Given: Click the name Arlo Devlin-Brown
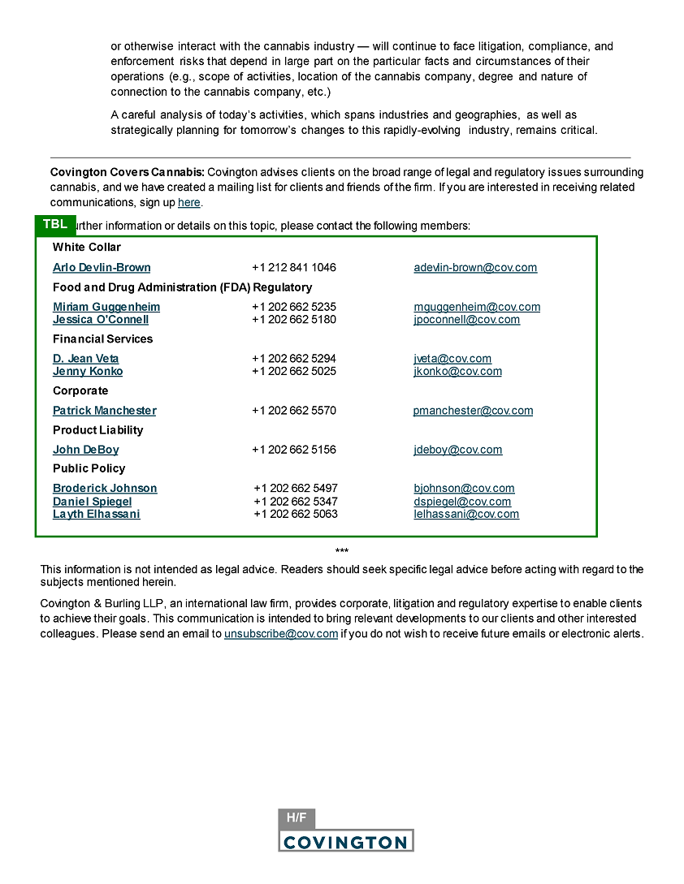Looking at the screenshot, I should pos(102,268).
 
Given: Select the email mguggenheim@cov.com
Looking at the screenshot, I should pos(477,307).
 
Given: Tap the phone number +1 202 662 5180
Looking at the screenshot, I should pos(294,320).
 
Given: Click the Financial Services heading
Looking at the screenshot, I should pos(102,339).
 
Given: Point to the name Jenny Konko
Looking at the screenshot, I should pos(88,372).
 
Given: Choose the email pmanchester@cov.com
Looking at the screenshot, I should pos(473,411).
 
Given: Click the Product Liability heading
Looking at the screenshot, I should pos(97,430).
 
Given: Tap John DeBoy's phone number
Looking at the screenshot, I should pos(294,450).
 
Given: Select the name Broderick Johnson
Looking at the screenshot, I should pos(105,489).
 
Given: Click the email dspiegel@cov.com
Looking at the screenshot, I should pos(462,502).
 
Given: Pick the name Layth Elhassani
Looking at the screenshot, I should pos(97,515).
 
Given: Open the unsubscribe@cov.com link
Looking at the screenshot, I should pos(281,634).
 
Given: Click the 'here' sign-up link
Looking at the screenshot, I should pos(188,203).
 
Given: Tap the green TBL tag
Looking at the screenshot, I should pos(55,225).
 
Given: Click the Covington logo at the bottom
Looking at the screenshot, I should pos(345,841).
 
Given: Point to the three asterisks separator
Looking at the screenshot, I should pos(342,552).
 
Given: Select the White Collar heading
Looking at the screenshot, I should pos(87,248).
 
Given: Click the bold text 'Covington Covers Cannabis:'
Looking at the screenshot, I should pos(128,173).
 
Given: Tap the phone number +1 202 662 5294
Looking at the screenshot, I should pos(294,359).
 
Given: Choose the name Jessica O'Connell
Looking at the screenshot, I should pos(101,320).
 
